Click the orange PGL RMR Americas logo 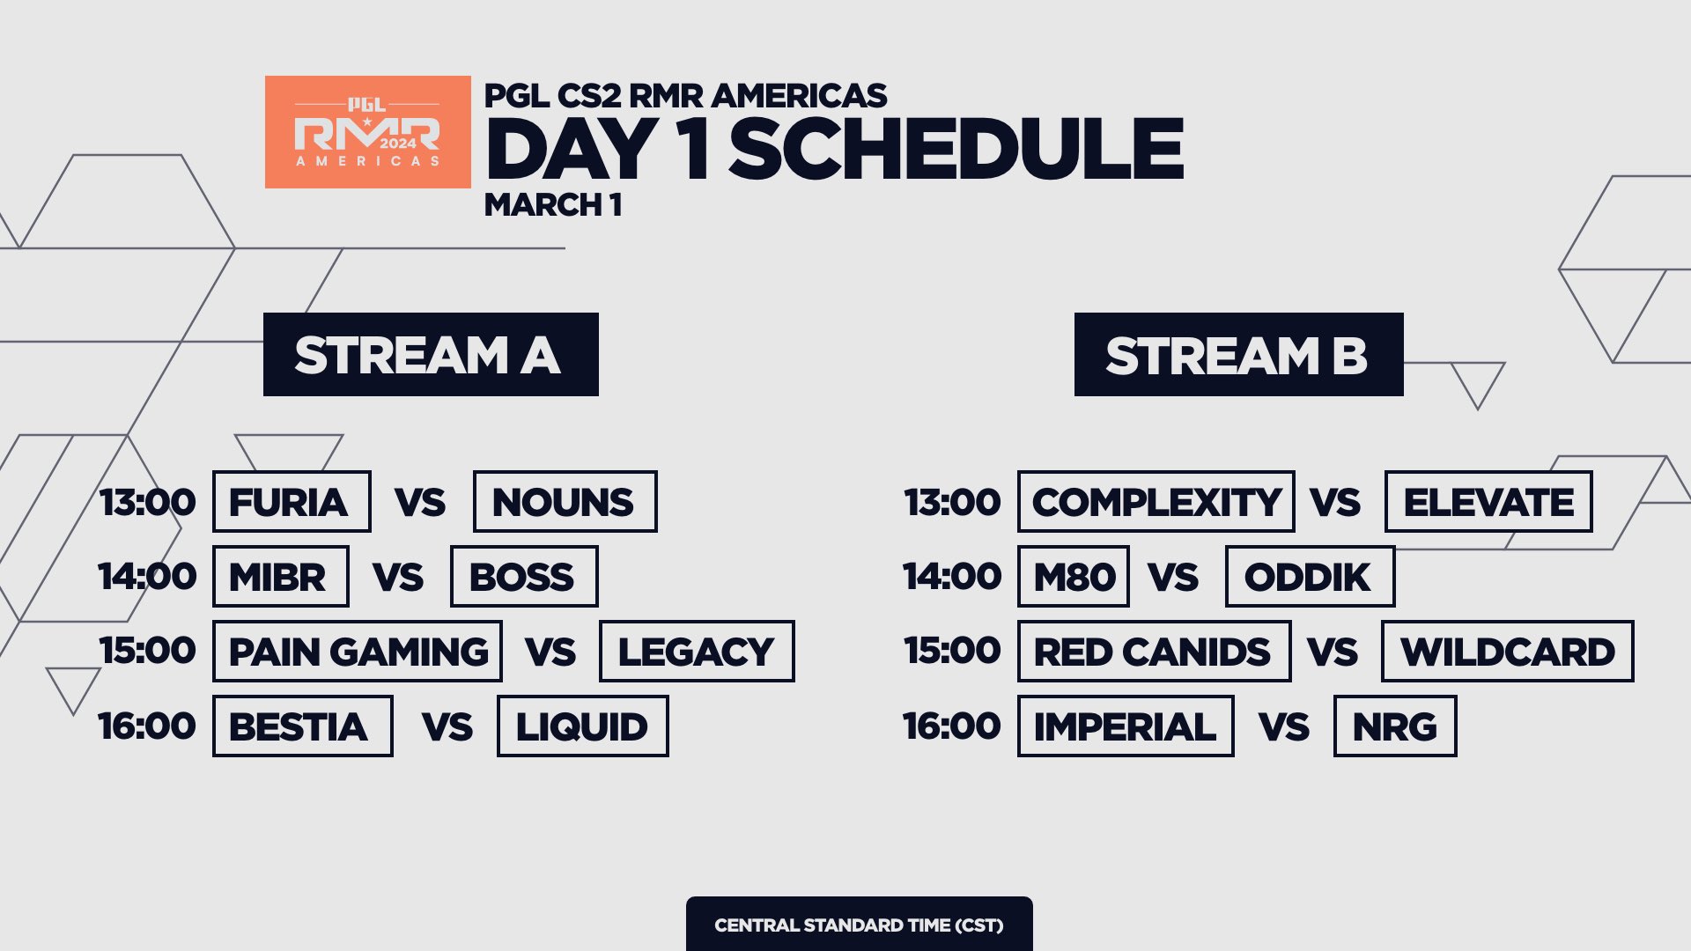tap(368, 132)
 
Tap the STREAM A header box tap(431, 354)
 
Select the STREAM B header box tap(1238, 354)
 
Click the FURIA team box tap(292, 502)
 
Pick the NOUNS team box tap(565, 502)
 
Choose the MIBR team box tap(281, 577)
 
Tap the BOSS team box tap(524, 577)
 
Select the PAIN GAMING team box tap(358, 652)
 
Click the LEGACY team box tap(697, 652)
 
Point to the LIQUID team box tap(583, 726)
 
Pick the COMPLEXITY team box tap(1156, 502)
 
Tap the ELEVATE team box tap(1488, 502)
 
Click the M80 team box tap(1074, 577)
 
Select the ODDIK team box tap(1310, 577)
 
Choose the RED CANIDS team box tap(1154, 652)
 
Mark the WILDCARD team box tap(1507, 652)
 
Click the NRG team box tap(1395, 726)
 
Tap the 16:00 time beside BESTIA tap(147, 726)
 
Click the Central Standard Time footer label tap(860, 925)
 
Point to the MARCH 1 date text tap(553, 205)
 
